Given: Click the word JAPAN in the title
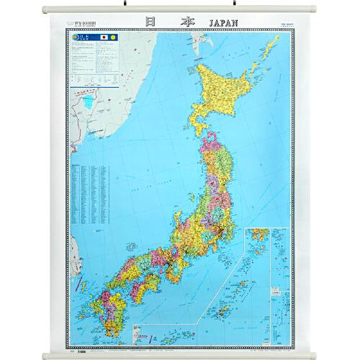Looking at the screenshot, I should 233,24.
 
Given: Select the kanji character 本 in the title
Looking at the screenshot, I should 189,24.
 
